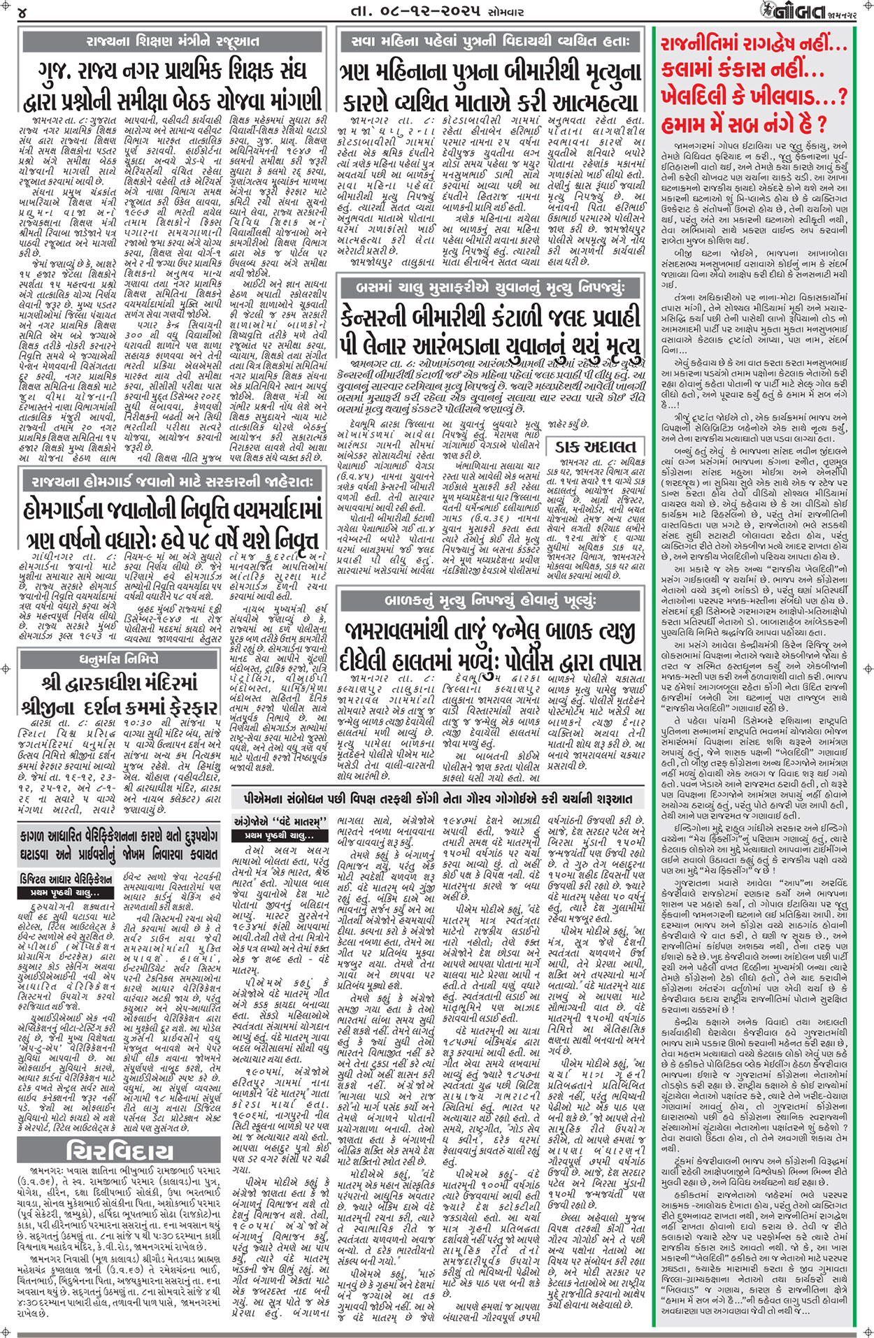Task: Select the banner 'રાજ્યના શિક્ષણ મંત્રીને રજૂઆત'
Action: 173,42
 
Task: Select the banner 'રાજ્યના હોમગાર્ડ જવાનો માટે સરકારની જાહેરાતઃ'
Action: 173,481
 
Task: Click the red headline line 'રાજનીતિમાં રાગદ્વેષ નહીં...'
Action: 754,43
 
